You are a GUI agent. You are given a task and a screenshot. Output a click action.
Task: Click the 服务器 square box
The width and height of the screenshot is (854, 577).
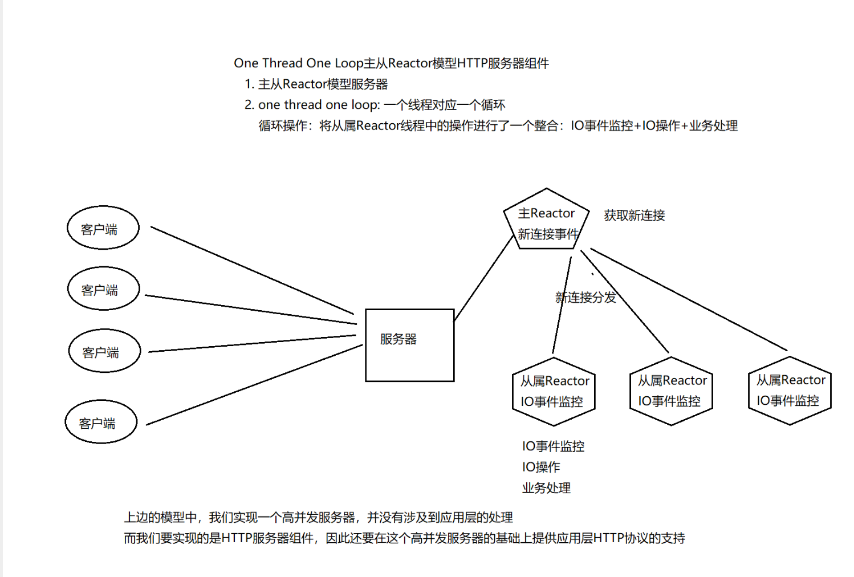click(x=409, y=345)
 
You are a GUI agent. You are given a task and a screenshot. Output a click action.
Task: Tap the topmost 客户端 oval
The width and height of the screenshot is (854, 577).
click(x=103, y=228)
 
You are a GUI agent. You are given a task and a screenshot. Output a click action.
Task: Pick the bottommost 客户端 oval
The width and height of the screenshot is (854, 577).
click(x=101, y=422)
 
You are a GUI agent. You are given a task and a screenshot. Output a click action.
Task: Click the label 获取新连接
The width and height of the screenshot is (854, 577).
click(x=635, y=216)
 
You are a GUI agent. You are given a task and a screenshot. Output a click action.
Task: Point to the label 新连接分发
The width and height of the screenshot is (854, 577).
click(x=586, y=298)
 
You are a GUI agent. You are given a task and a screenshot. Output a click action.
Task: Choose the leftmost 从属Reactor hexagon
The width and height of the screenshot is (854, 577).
click(x=554, y=392)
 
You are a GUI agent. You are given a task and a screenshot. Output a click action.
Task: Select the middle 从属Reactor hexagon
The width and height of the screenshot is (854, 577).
click(x=672, y=391)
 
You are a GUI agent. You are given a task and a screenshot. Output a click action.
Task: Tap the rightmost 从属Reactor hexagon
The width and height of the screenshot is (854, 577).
click(x=790, y=391)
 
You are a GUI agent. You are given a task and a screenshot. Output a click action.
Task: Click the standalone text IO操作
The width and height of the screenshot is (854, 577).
click(x=541, y=467)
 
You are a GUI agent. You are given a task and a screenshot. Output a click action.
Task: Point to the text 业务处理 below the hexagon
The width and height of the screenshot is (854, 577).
click(x=546, y=488)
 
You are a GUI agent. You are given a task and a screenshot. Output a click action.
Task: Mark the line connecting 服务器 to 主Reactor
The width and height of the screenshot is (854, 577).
click(x=483, y=279)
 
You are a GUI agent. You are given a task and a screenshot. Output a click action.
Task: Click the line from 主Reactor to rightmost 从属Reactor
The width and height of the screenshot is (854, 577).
click(x=689, y=299)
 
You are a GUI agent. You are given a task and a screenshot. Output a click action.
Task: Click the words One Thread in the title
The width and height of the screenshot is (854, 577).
click(x=268, y=63)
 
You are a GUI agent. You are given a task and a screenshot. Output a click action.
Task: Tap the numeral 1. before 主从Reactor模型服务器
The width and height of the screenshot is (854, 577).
click(x=249, y=84)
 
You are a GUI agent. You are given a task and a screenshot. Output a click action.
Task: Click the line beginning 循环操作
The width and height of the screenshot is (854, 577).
click(x=498, y=126)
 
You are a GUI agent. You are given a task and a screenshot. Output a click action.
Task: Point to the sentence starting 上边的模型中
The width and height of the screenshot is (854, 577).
click(x=318, y=518)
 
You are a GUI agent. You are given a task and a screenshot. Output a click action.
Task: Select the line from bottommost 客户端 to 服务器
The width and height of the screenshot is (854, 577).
click(x=254, y=385)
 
